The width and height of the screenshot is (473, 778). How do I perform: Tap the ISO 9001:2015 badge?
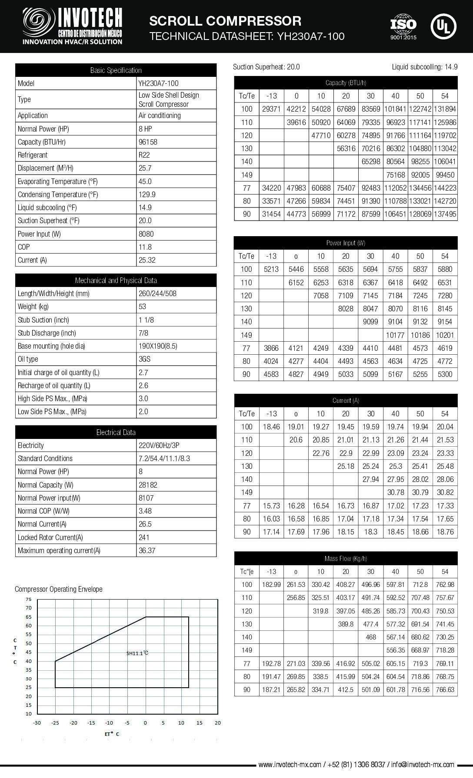click(x=403, y=26)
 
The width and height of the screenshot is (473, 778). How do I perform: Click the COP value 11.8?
click(x=145, y=247)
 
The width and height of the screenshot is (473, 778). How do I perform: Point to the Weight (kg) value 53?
click(x=142, y=307)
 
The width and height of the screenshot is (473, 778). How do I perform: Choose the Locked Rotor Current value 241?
click(x=144, y=537)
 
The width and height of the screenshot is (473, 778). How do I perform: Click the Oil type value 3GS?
click(x=144, y=359)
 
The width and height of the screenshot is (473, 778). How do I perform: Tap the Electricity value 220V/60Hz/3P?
click(x=159, y=445)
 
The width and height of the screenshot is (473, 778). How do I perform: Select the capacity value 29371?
click(x=271, y=109)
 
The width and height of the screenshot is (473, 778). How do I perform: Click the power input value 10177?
click(x=395, y=335)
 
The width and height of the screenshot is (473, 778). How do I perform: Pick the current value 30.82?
click(x=445, y=492)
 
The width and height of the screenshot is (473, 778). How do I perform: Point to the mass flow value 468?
click(x=371, y=637)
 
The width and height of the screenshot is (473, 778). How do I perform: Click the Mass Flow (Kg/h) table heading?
click(x=346, y=558)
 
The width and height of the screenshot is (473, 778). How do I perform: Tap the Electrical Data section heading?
click(x=116, y=432)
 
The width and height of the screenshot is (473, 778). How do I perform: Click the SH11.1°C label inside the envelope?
click(x=137, y=653)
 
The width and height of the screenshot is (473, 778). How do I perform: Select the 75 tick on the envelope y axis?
click(x=29, y=599)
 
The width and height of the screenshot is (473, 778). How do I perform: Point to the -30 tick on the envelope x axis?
click(x=37, y=723)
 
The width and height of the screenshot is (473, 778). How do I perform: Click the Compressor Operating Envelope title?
click(x=59, y=589)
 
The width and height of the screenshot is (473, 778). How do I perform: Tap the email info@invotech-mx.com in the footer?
click(x=423, y=765)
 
